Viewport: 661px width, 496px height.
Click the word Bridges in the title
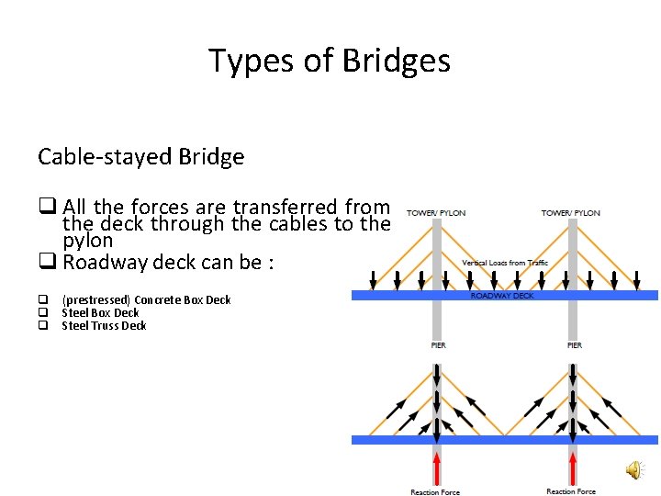397,61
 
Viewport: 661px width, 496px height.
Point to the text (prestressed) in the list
96,300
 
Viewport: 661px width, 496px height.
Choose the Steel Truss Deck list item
104,326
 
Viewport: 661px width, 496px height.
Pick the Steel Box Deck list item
100,313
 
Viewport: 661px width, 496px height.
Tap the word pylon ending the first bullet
87,241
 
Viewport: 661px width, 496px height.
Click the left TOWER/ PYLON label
436,213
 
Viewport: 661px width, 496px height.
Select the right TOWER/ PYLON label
571,213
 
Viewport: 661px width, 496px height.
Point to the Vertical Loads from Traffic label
505,264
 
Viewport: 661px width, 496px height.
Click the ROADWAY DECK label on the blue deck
502,296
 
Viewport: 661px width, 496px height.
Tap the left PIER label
438,345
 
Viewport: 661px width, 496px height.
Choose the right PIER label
574,345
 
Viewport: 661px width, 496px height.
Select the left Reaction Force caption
435,492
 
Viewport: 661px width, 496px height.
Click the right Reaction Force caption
571,491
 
